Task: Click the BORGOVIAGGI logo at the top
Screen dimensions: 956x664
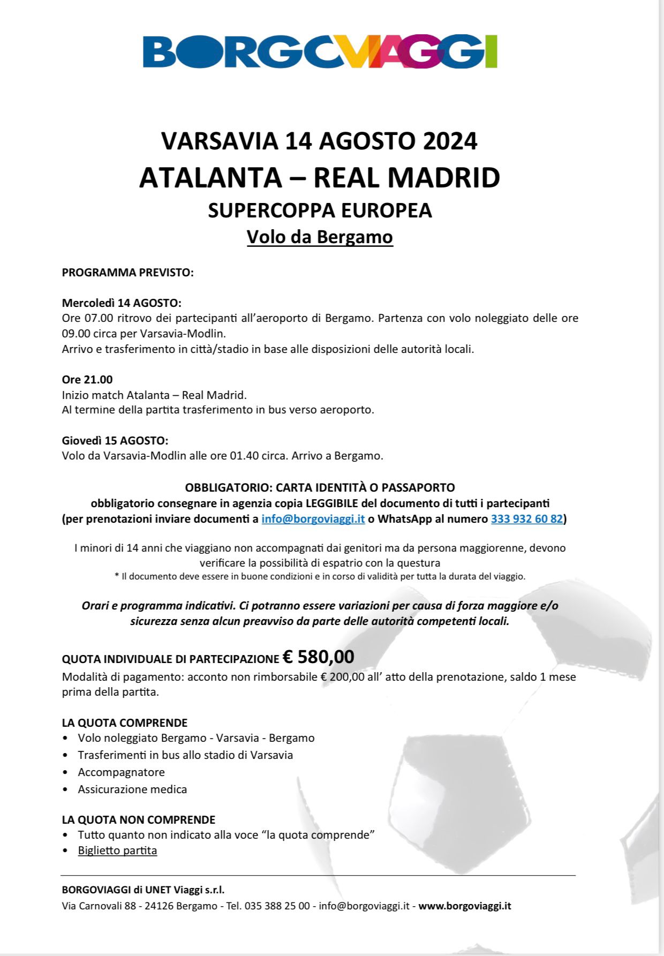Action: [x=320, y=52]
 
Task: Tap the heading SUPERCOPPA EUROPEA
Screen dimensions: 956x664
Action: [x=320, y=210]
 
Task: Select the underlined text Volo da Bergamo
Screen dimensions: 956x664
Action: [x=320, y=237]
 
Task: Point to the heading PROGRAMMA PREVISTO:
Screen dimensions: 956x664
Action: [x=127, y=273]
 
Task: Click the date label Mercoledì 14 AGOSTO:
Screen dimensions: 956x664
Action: [x=122, y=303]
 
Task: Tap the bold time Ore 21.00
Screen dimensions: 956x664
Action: [x=87, y=380]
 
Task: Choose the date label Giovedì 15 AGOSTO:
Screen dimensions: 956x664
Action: [x=115, y=441]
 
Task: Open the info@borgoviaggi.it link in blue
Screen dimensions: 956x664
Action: [x=313, y=519]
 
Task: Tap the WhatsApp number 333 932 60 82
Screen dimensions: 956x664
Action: [x=527, y=519]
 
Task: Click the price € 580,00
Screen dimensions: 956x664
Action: [x=319, y=657]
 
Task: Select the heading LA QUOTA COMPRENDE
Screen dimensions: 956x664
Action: [x=125, y=723]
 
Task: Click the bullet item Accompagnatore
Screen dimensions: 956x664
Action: [x=121, y=772]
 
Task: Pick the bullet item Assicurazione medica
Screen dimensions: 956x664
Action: [x=132, y=789]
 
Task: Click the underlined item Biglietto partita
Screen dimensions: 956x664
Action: [x=117, y=850]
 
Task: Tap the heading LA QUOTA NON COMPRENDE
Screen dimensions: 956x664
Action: [x=139, y=820]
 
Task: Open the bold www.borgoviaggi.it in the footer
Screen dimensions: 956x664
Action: [x=465, y=906]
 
